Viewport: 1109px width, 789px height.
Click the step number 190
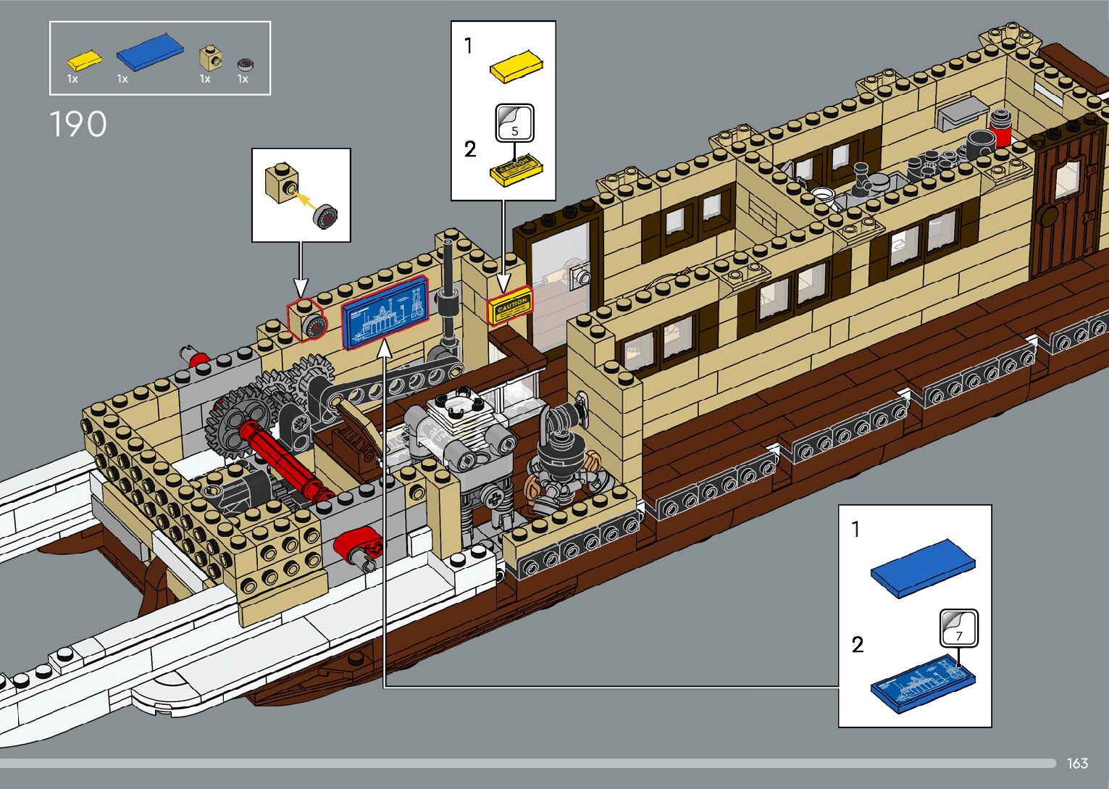(78, 125)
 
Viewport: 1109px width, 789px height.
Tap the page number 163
(1077, 763)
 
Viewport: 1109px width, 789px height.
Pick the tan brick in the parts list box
(210, 59)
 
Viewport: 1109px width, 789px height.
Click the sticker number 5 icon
(514, 123)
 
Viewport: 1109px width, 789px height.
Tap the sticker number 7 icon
(958, 628)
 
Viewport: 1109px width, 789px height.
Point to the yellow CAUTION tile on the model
(511, 306)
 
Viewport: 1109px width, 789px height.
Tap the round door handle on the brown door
(1046, 214)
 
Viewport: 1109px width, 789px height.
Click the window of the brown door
(1067, 180)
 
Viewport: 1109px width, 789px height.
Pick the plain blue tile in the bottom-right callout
(922, 567)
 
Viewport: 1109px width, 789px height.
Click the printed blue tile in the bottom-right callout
(922, 682)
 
